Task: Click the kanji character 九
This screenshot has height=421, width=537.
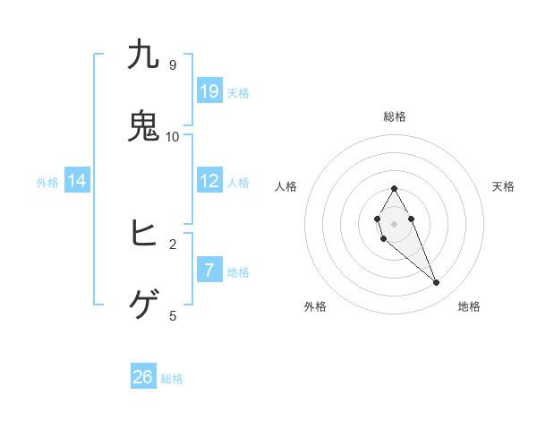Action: pyautogui.click(x=143, y=56)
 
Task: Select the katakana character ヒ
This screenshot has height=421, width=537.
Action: pyautogui.click(x=143, y=234)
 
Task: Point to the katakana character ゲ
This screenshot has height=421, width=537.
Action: pyautogui.click(x=143, y=305)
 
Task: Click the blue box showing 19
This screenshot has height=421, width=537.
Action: pyautogui.click(x=209, y=91)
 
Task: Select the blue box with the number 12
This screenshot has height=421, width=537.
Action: pyautogui.click(x=209, y=181)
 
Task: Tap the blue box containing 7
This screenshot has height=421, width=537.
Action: pyautogui.click(x=209, y=270)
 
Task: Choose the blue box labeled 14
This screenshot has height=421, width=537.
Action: pyautogui.click(x=77, y=181)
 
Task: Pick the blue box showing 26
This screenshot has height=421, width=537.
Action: pyautogui.click(x=143, y=377)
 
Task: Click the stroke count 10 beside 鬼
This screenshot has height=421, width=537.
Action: pyautogui.click(x=173, y=136)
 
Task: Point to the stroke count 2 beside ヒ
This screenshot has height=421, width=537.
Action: pyautogui.click(x=173, y=244)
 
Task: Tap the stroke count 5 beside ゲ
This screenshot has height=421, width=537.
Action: pyautogui.click(x=173, y=315)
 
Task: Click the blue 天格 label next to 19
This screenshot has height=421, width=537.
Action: pyautogui.click(x=238, y=92)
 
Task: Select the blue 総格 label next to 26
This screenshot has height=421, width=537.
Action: pyautogui.click(x=172, y=378)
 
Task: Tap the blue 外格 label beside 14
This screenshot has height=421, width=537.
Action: pyautogui.click(x=47, y=182)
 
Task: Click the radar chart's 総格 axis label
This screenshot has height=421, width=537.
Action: pyautogui.click(x=395, y=116)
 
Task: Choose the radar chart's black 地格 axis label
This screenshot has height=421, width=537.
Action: pyautogui.click(x=469, y=306)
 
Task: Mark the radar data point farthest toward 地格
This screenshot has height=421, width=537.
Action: pyautogui.click(x=437, y=283)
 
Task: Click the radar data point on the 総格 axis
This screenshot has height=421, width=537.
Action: pyautogui.click(x=395, y=188)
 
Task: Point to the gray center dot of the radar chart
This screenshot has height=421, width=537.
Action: pyautogui.click(x=395, y=223)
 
